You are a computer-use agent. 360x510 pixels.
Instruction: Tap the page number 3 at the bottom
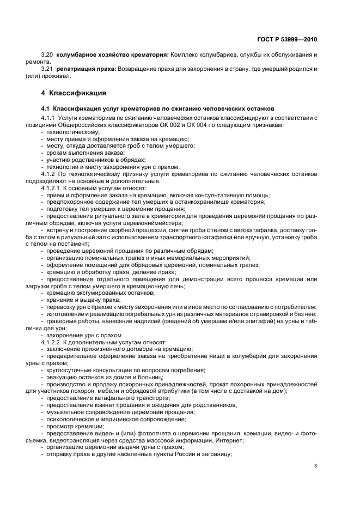[316, 465]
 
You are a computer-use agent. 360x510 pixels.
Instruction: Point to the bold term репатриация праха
[83, 69]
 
